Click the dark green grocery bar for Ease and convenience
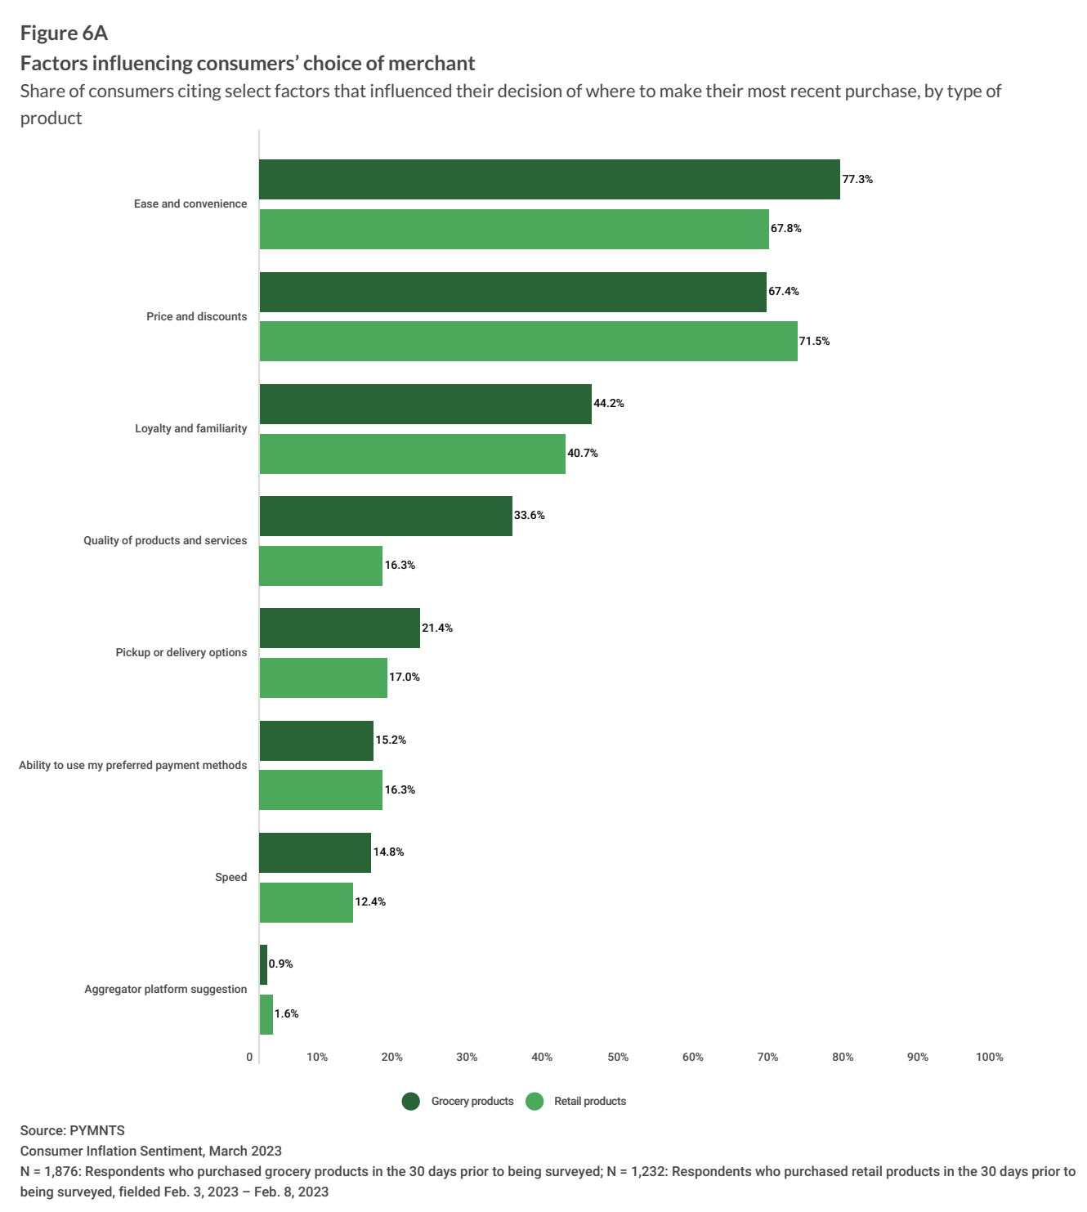549,179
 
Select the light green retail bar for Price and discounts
528,341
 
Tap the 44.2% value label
609,404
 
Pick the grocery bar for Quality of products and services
386,516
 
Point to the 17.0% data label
405,678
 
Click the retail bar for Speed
306,902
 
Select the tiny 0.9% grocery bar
263,965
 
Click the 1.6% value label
287,1014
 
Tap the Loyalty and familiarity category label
190,429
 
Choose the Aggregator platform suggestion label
165,990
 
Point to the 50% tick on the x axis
618,1058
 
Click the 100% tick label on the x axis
989,1058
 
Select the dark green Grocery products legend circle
411,1102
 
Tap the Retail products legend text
590,1102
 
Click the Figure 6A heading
64,34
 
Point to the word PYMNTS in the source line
97,1131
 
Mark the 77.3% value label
857,180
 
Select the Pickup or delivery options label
181,653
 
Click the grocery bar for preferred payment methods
316,740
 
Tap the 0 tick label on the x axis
249,1058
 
